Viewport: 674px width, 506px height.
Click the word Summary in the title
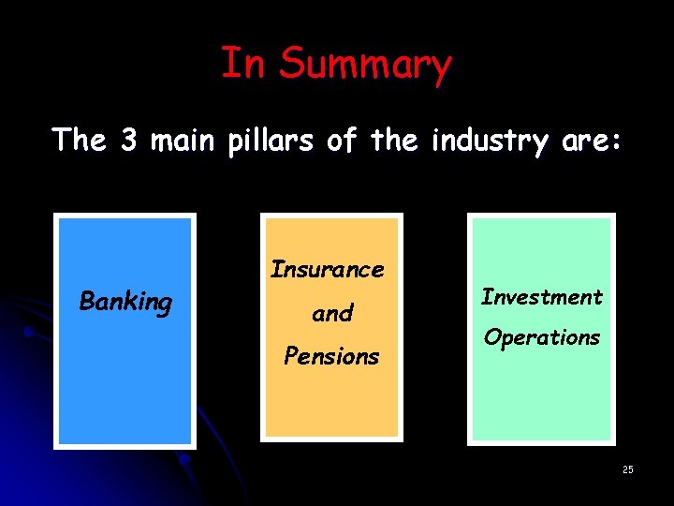pyautogui.click(x=365, y=65)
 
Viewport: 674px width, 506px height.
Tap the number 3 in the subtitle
pyautogui.click(x=130, y=141)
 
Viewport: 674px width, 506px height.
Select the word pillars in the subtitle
pyautogui.click(x=269, y=141)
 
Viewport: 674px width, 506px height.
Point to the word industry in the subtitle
pyautogui.click(x=486, y=141)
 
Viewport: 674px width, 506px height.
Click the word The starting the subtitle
pyautogui.click(x=81, y=141)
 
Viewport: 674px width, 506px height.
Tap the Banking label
pyautogui.click(x=125, y=302)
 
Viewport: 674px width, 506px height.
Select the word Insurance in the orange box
pyautogui.click(x=328, y=270)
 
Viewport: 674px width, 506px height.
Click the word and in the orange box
pyautogui.click(x=332, y=313)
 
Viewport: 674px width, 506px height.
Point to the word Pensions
pyautogui.click(x=332, y=356)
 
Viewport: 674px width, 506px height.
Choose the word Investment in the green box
pyautogui.click(x=541, y=297)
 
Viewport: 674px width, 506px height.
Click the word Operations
pyautogui.click(x=541, y=337)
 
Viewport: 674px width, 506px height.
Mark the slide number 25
pyautogui.click(x=627, y=469)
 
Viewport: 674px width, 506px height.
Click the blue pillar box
pyautogui.click(x=125, y=394)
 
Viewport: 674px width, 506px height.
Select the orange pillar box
pyautogui.click(x=332, y=403)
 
